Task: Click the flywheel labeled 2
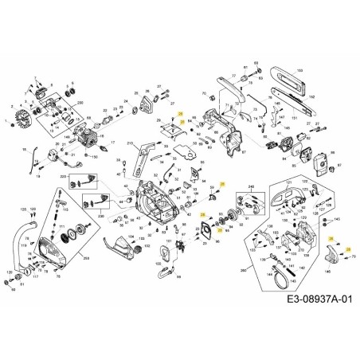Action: pos(16,123)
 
